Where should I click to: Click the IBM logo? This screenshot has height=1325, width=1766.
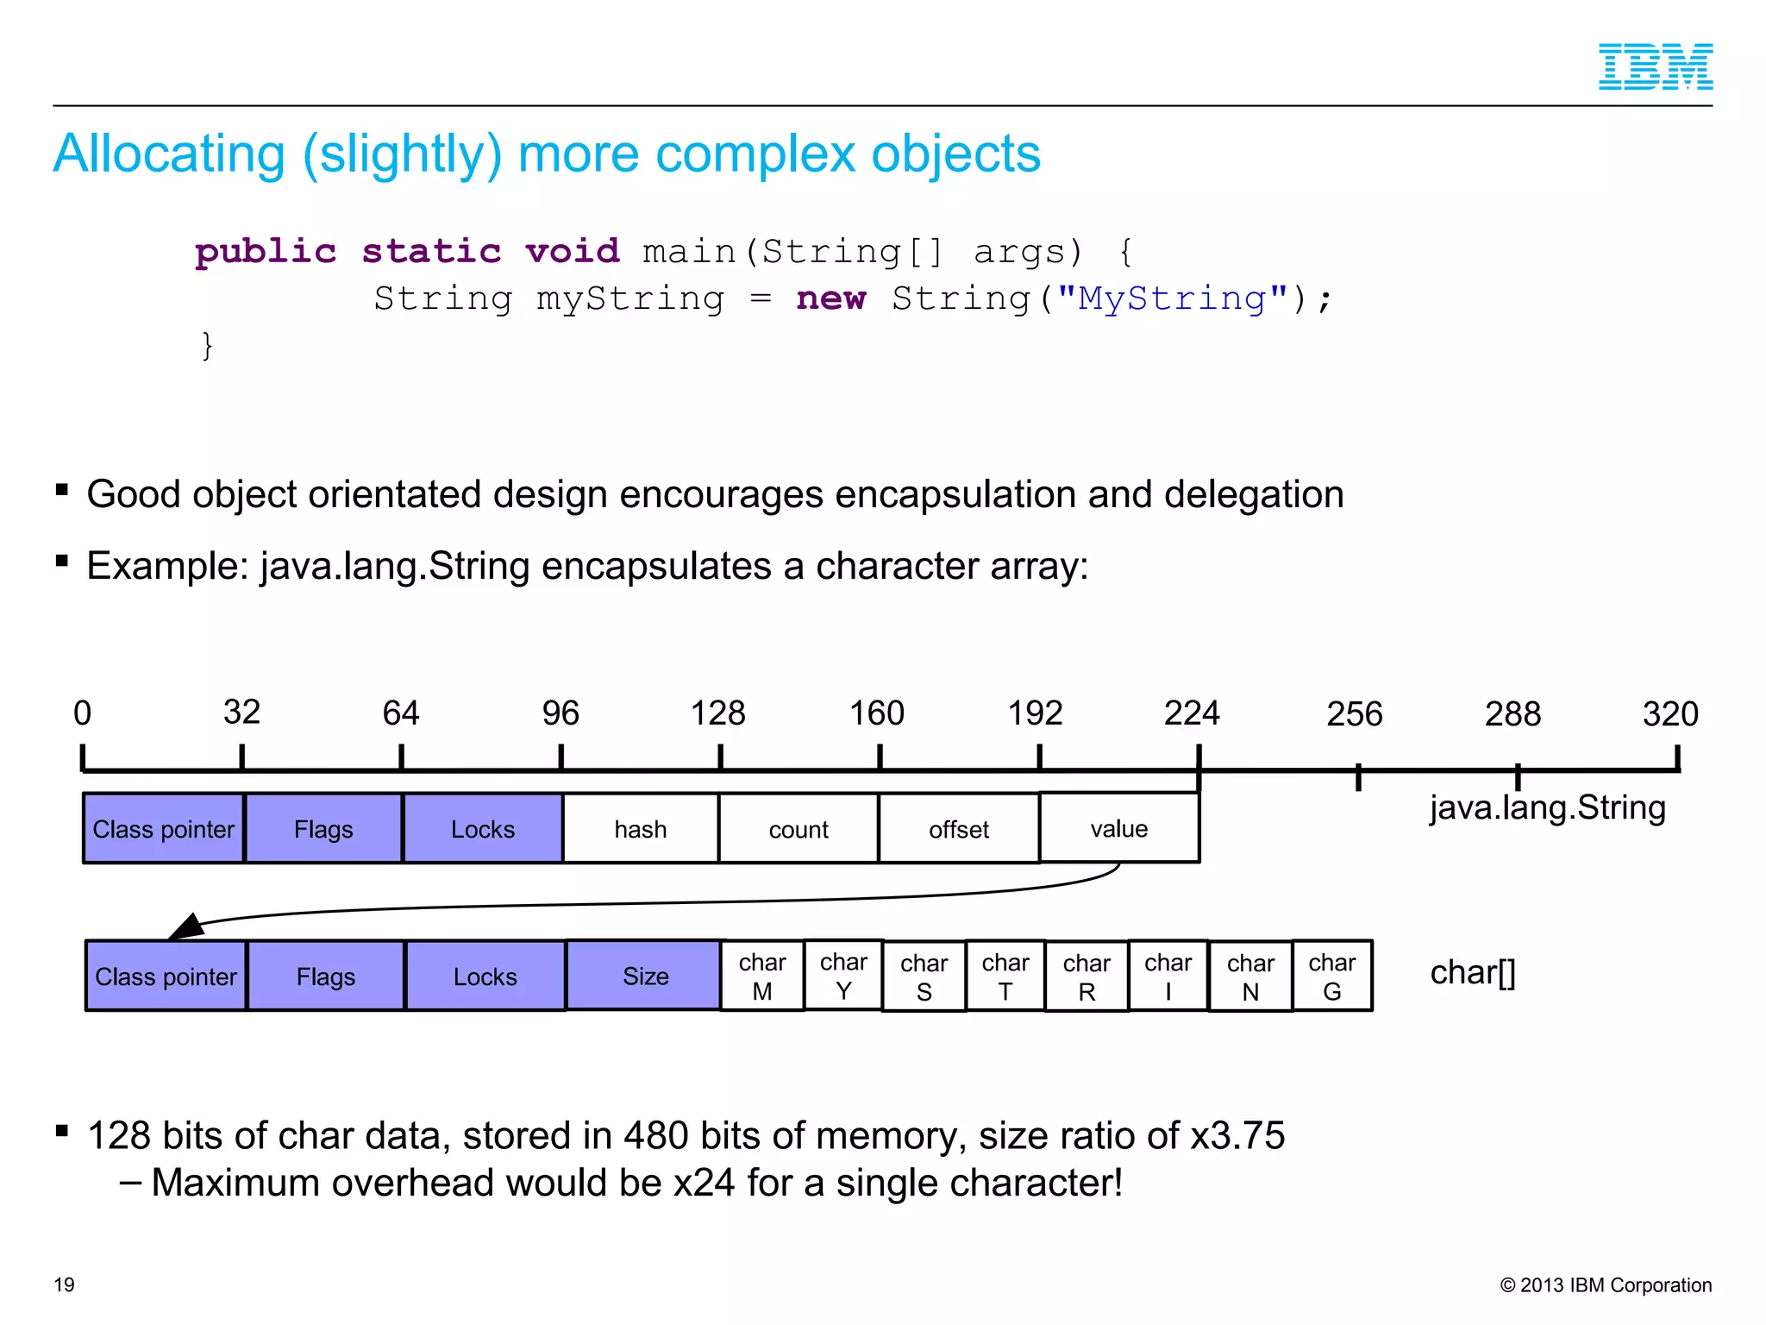tap(1655, 66)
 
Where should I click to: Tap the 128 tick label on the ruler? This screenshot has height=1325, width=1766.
tap(717, 713)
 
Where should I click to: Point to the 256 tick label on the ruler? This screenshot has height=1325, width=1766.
tap(1354, 714)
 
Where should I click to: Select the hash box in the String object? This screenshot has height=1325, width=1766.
tap(641, 829)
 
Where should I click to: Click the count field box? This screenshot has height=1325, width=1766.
tap(798, 829)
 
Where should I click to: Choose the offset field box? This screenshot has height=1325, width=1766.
tap(959, 829)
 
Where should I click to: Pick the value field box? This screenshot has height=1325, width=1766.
tap(1119, 828)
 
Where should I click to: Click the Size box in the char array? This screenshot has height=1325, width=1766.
tap(645, 976)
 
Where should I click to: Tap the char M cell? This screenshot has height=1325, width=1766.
tap(762, 976)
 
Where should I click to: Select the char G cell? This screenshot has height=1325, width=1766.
tap(1332, 976)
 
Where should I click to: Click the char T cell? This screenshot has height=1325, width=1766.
tap(1005, 976)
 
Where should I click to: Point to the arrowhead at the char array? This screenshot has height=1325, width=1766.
tap(185, 927)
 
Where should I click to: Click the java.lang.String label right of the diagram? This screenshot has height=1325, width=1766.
tap(1547, 808)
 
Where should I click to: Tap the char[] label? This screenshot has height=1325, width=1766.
tap(1472, 973)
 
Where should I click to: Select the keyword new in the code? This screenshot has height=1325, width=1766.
tap(830, 298)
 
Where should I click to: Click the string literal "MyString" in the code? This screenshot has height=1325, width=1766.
tap(1173, 298)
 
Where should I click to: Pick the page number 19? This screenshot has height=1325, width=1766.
tap(65, 1284)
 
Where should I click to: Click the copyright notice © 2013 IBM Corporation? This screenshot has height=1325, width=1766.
tap(1606, 1285)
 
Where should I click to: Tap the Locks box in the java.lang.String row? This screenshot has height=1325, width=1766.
tap(483, 829)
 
